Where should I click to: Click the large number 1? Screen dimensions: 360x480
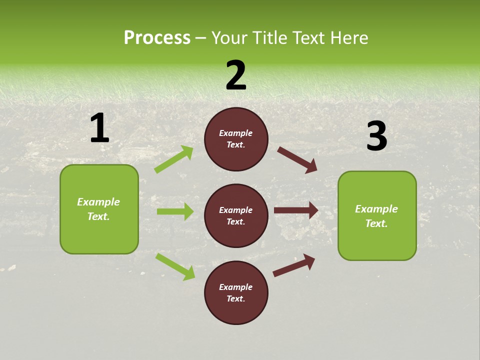(x=99, y=128)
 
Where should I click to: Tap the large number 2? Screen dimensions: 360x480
(x=236, y=76)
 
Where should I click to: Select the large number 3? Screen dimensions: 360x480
(x=376, y=136)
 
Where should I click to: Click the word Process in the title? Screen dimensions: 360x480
(x=157, y=37)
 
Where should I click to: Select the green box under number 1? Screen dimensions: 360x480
(x=99, y=209)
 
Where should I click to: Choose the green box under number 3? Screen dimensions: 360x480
(x=377, y=215)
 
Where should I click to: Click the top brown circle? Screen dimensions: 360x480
(x=236, y=139)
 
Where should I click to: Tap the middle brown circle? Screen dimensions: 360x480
(x=236, y=215)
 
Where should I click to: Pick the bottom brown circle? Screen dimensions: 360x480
(x=236, y=292)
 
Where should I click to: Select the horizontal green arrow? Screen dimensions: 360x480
(x=175, y=211)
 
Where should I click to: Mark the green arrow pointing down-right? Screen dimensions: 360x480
(x=175, y=266)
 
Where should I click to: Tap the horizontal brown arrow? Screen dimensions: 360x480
(x=296, y=210)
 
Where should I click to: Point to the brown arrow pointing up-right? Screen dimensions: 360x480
(x=294, y=265)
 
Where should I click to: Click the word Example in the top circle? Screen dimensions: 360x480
(x=236, y=133)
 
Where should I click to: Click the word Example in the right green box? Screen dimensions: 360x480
(x=376, y=209)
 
